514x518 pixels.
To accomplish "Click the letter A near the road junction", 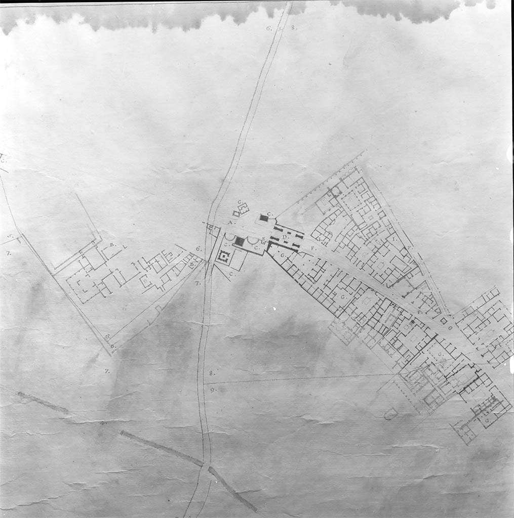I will pos(230,223).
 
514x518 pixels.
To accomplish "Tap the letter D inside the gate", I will pos(285,236).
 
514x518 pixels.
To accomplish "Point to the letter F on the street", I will pos(313,248).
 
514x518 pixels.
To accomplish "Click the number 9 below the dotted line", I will pos(213,390).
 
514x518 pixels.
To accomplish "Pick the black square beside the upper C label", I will pos(263,218).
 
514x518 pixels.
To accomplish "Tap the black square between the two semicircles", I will pos(239,242).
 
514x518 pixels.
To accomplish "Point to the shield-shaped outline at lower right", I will pos(390,414).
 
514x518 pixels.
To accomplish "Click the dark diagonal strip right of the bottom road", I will pos(232,489).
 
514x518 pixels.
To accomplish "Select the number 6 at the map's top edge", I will pos(268,28).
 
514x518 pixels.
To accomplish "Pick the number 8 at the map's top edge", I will pos(294,28).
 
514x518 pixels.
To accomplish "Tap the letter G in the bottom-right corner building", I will pos(487,420).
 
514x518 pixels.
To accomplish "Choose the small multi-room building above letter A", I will pos(241,209).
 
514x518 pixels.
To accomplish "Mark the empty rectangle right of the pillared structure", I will pos(240,259).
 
